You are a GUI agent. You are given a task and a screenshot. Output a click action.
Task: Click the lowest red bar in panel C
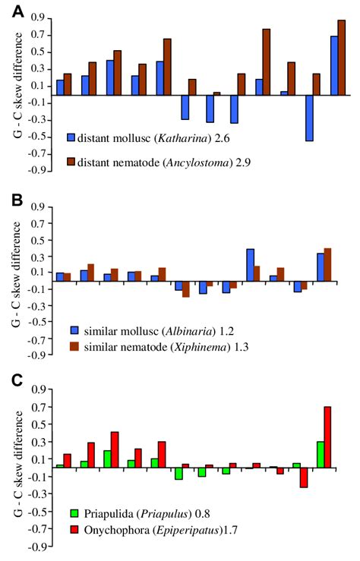pos(303,477)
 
